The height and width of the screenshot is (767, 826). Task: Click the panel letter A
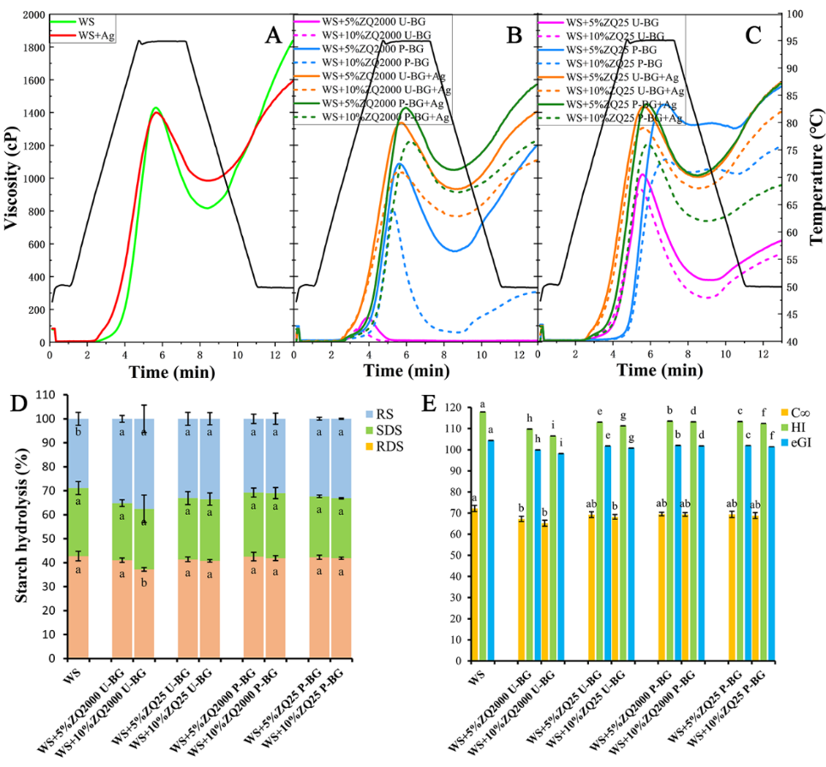pyautogui.click(x=273, y=35)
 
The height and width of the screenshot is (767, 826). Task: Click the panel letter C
pyautogui.click(x=753, y=35)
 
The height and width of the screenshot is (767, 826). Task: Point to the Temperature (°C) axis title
pyautogui.click(x=814, y=180)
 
